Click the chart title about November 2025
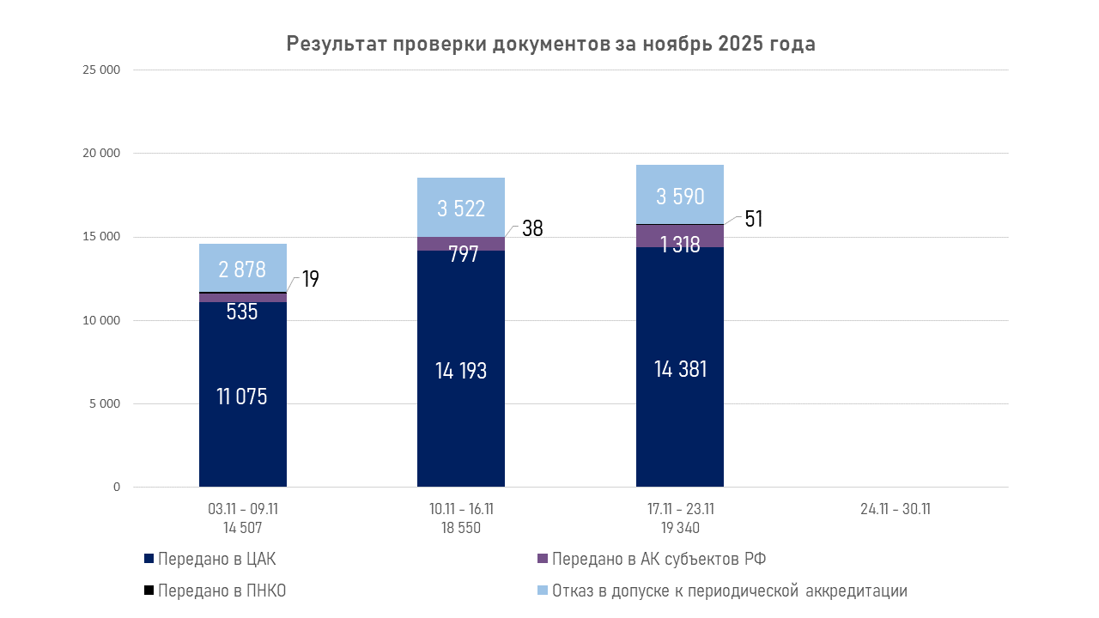tap(550, 45)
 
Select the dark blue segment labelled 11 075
tap(242, 396)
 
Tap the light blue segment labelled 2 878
tap(242, 269)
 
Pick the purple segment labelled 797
tap(462, 245)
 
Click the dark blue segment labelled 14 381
tap(680, 369)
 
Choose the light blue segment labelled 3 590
tap(680, 196)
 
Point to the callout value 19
tap(311, 280)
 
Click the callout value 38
tap(532, 228)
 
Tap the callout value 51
tap(754, 219)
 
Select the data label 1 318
tap(680, 245)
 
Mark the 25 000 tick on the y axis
tap(102, 70)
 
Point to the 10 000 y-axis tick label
tap(102, 321)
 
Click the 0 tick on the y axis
tap(116, 488)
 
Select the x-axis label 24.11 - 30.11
tap(896, 509)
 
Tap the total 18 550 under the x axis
tap(461, 528)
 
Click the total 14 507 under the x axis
tap(241, 528)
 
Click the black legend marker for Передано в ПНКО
tap(149, 591)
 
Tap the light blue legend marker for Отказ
tap(542, 591)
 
